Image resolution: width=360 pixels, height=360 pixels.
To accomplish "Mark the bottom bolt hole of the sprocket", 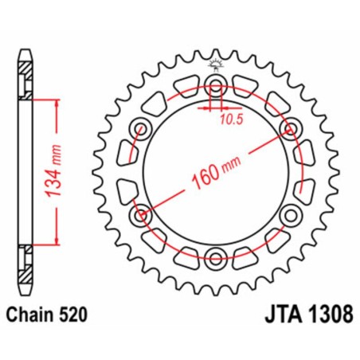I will point(215,255).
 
